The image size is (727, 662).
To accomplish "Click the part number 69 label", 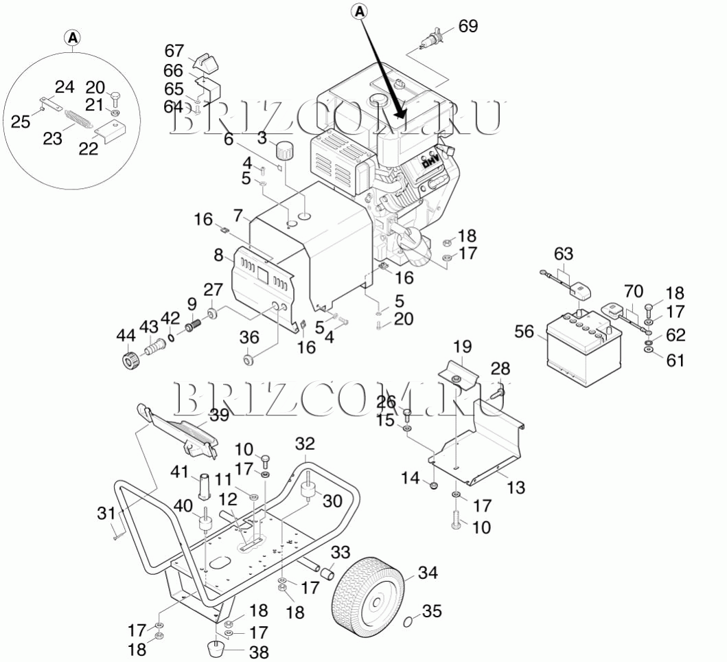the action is tap(468, 26).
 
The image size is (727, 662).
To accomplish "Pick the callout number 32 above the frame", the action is tap(305, 444).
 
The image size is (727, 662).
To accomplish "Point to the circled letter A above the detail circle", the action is tap(73, 38).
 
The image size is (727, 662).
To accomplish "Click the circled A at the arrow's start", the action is tap(360, 12).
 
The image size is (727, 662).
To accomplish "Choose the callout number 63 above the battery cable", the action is tap(564, 253).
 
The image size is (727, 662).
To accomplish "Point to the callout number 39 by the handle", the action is tap(219, 415).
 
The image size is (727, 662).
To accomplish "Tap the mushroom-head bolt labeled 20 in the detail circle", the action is tap(115, 99).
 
